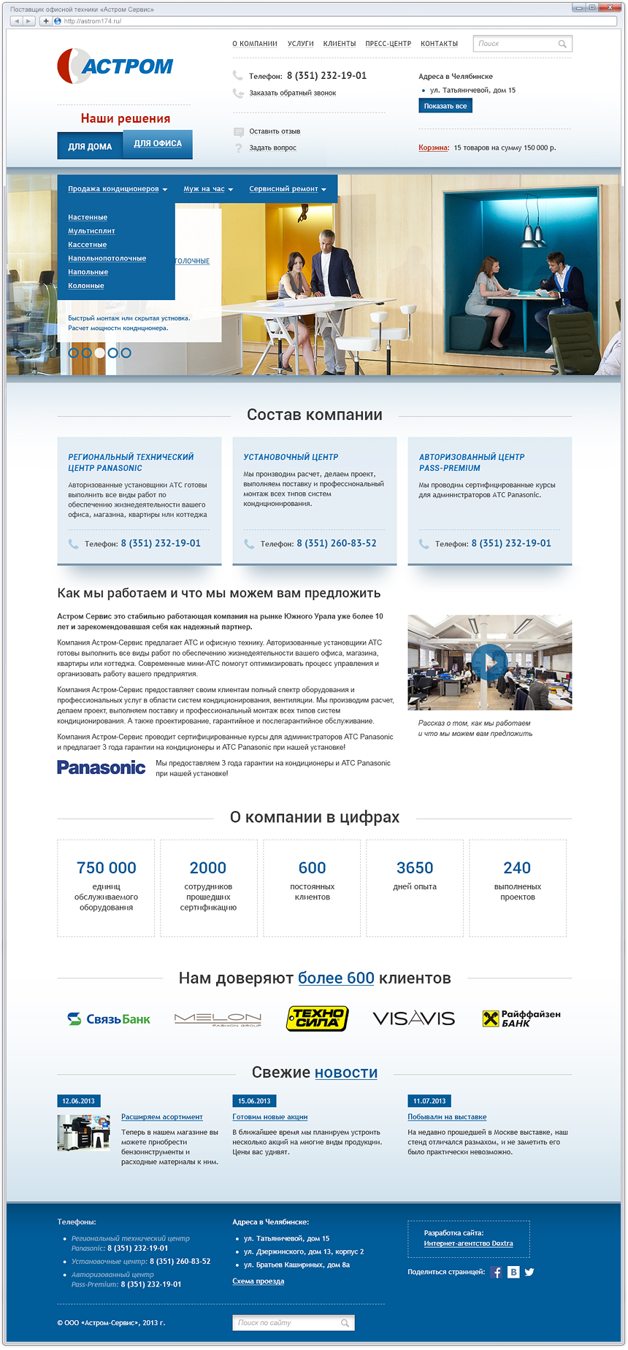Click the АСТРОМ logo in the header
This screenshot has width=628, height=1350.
point(115,66)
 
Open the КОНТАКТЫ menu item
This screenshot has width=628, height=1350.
point(439,44)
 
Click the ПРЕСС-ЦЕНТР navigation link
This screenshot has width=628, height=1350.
point(388,44)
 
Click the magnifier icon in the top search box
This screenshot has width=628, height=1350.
point(562,44)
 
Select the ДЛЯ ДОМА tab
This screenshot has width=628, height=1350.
point(90,146)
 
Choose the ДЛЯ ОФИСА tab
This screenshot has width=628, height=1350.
point(158,144)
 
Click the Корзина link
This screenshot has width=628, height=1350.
point(433,147)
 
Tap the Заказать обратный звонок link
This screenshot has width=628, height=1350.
point(292,93)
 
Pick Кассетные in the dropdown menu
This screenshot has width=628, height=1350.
point(87,245)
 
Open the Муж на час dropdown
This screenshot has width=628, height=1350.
point(208,189)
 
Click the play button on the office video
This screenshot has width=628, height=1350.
point(489,662)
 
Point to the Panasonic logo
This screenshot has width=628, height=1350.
point(102,767)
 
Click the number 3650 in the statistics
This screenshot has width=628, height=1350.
point(415,868)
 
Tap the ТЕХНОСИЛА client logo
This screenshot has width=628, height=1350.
point(317,1018)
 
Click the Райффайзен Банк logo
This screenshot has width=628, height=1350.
point(521,1019)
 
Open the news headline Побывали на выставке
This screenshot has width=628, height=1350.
point(447,1117)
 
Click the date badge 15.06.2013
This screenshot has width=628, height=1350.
point(254,1101)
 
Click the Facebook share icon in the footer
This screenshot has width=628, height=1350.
point(497,1273)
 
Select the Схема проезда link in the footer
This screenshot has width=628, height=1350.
point(258,1281)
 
